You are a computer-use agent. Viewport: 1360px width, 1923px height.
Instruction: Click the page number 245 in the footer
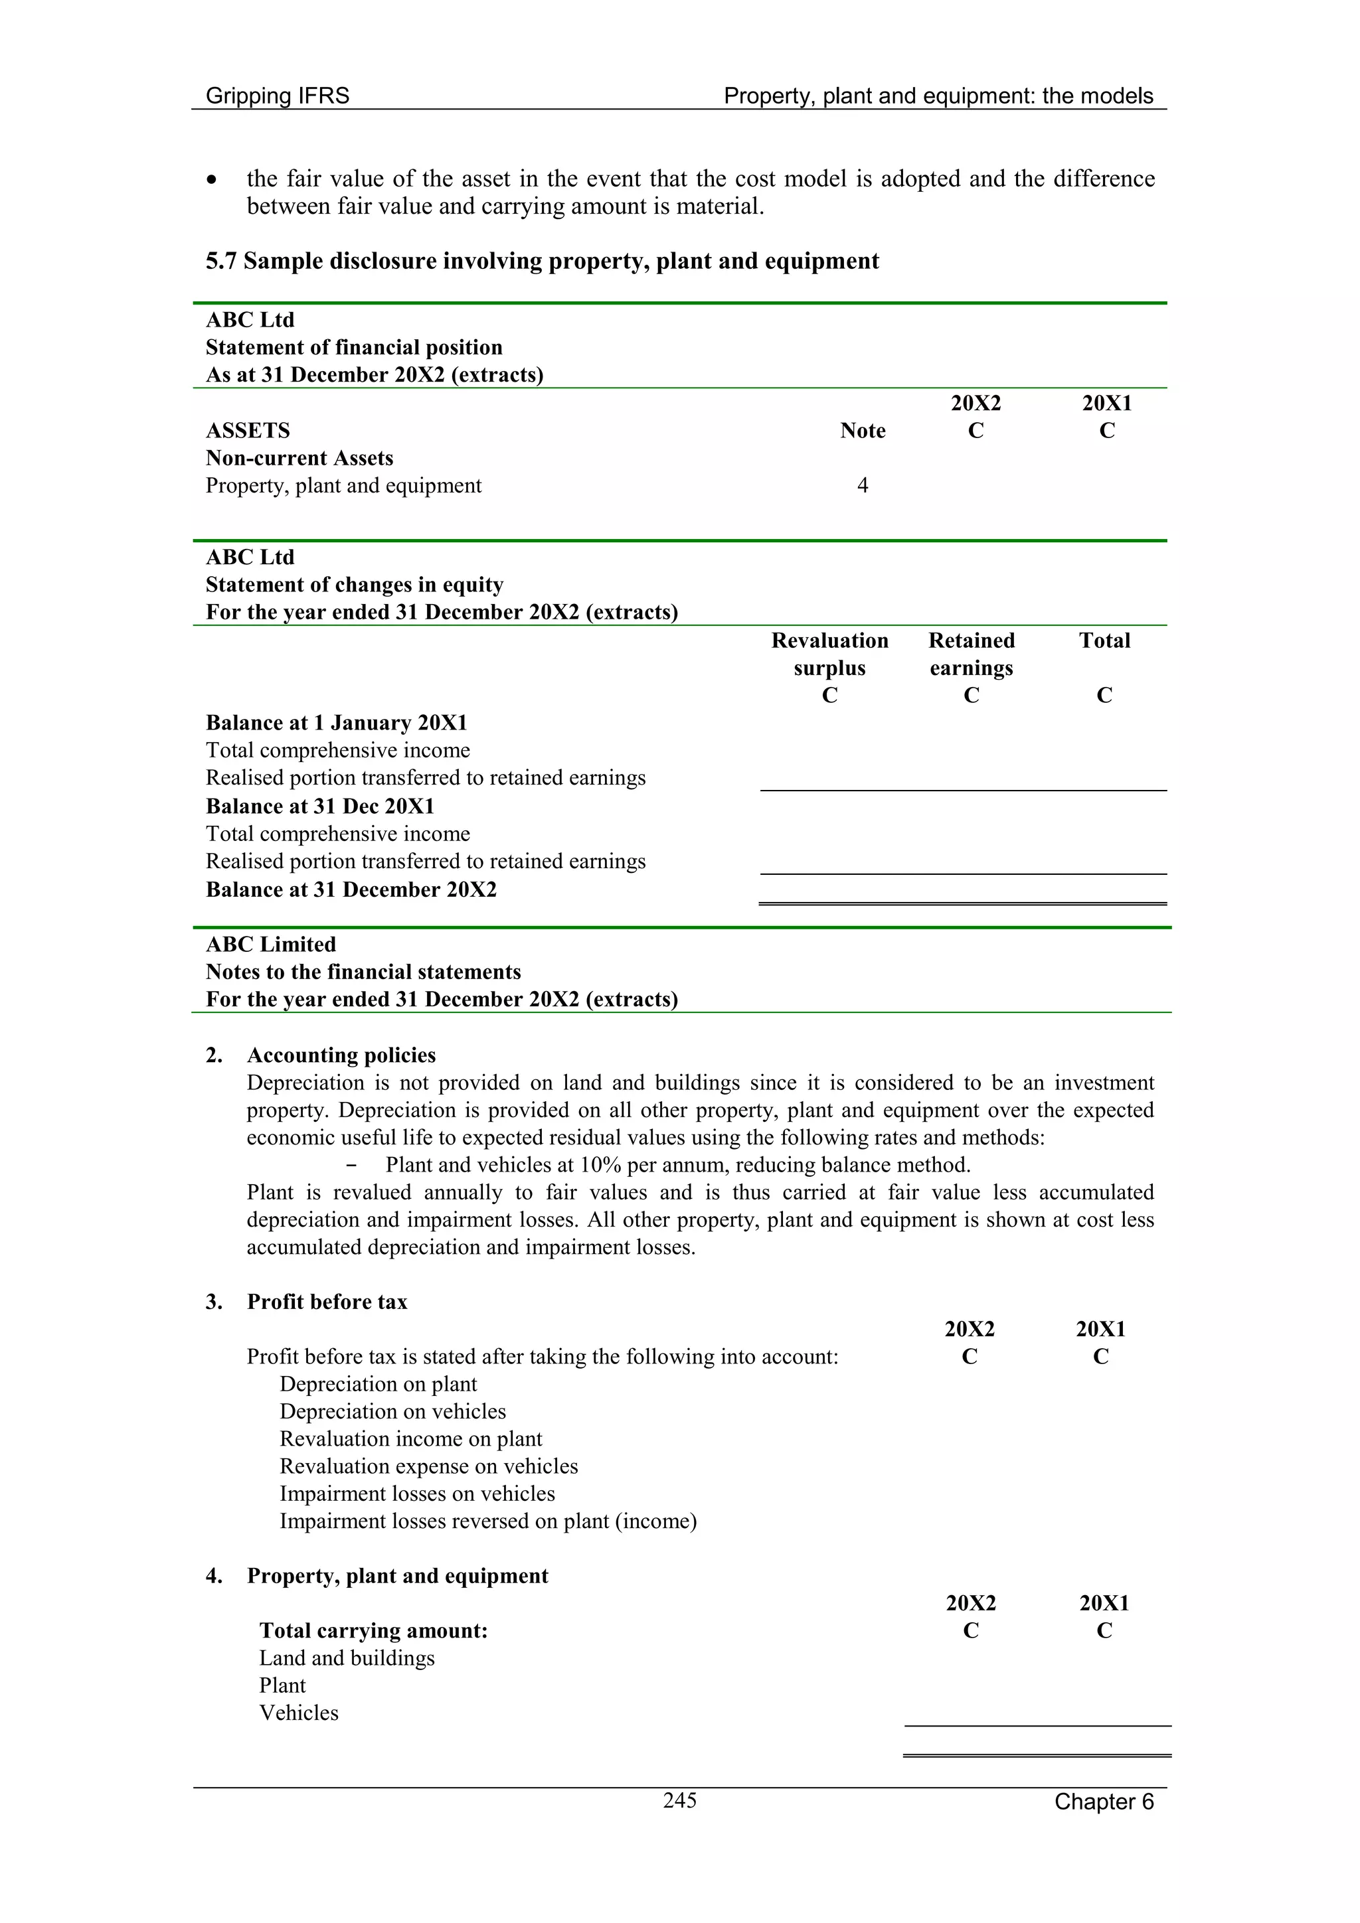click(x=679, y=1800)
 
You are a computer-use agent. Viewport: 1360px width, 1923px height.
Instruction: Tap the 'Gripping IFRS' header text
click(x=278, y=96)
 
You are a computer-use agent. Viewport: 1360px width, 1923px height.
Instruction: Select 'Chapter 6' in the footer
click(x=1103, y=1802)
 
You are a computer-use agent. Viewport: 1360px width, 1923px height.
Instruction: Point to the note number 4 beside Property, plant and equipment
click(x=862, y=485)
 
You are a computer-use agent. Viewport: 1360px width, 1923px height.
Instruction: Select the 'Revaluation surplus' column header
click(x=829, y=654)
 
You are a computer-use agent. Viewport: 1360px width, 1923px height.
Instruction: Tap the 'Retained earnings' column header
click(x=971, y=654)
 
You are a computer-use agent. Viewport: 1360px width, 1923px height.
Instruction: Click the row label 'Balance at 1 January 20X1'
click(x=336, y=723)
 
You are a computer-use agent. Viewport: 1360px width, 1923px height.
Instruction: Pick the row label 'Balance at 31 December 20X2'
click(x=351, y=889)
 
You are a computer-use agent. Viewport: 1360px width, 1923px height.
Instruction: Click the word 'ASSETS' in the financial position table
click(x=248, y=431)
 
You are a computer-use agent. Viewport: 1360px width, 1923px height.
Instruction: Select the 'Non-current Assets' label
click(x=299, y=458)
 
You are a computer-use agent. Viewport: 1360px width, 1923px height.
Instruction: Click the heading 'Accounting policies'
click(x=341, y=1055)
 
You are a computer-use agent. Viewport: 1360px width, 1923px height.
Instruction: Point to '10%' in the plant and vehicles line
click(x=600, y=1165)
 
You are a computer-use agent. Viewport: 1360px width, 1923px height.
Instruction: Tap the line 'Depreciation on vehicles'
click(x=392, y=1411)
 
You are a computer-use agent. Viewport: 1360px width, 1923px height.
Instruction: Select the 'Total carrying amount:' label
click(x=373, y=1631)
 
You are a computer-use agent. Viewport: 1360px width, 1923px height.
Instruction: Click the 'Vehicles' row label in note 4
click(x=298, y=1713)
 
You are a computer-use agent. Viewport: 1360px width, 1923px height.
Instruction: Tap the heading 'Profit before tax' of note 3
click(x=327, y=1302)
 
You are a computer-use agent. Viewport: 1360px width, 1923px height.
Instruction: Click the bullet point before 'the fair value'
click(x=214, y=180)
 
